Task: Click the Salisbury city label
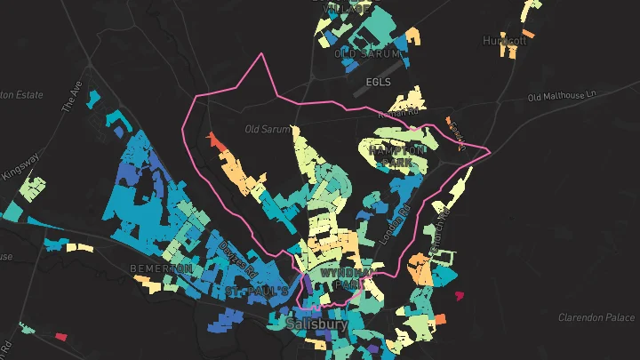pos(317,324)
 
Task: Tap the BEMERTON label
pos(161,268)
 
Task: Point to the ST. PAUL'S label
pos(256,291)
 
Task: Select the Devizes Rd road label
pos(237,260)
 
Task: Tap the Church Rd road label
pos(442,233)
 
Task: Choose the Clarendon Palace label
pos(596,317)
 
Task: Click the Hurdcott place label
pos(505,41)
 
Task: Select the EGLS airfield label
pos(379,82)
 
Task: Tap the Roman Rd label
pos(397,112)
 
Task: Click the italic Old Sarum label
pos(268,130)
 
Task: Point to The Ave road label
pos(71,97)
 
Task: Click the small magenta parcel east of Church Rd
pos(460,295)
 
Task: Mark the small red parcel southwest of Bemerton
pos(61,336)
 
